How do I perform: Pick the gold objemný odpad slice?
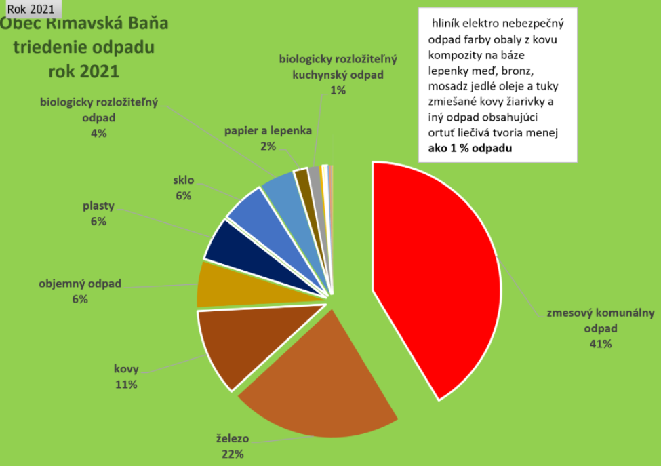[x=231, y=285]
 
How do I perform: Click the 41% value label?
[x=601, y=344]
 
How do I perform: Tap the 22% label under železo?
[x=233, y=454]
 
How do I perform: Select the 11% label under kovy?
[x=126, y=385]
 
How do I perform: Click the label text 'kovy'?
[x=126, y=370]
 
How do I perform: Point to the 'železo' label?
[x=233, y=440]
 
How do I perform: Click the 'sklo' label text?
[x=183, y=180]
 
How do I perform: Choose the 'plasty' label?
[x=98, y=206]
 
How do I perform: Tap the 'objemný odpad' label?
[x=80, y=284]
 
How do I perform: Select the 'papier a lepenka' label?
[x=268, y=131]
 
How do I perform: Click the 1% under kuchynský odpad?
[x=338, y=90]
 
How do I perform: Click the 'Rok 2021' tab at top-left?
[x=31, y=9]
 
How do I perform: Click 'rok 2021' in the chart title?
[x=84, y=71]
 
